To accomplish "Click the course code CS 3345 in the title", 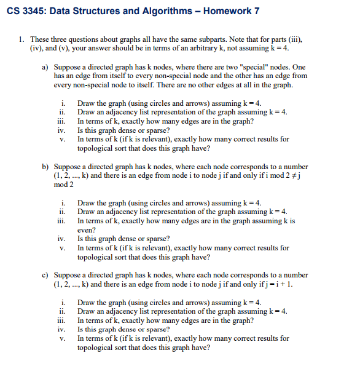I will pyautogui.click(x=26, y=10).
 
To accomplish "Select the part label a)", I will pyautogui.click(x=45, y=66).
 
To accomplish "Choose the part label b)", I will pyautogui.click(x=45, y=167).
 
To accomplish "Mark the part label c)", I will pyautogui.click(x=45, y=276).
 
